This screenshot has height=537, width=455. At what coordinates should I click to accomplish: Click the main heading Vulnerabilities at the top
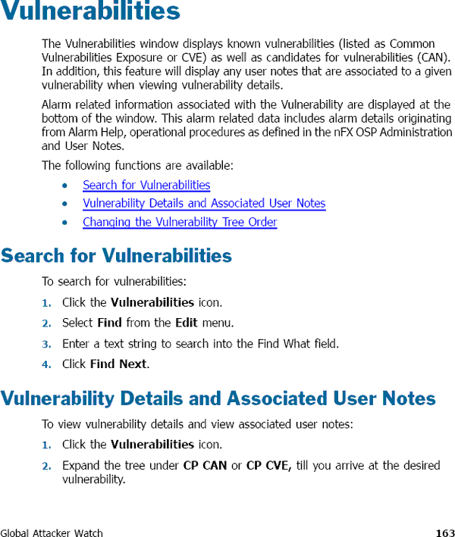[90, 13]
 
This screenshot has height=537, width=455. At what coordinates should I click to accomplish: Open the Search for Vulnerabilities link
[146, 185]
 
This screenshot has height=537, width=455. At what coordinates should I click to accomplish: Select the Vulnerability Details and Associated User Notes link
[204, 203]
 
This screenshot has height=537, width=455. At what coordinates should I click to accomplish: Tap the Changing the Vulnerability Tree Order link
[180, 222]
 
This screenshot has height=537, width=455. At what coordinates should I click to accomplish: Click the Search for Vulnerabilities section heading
[116, 256]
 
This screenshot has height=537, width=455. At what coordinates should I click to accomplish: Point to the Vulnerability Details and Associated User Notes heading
[218, 398]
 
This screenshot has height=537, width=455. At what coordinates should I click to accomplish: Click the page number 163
[445, 532]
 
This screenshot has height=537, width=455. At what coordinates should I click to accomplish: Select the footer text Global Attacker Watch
[52, 532]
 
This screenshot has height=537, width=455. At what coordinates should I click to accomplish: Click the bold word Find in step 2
[109, 323]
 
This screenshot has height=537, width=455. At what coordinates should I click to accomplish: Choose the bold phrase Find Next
[118, 364]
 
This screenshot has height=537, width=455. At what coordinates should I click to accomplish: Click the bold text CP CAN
[205, 465]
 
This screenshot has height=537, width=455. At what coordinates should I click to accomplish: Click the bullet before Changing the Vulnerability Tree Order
[67, 223]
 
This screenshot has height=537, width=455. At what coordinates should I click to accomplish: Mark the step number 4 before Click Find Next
[46, 364]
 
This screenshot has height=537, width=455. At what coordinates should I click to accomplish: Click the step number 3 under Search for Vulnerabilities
[46, 344]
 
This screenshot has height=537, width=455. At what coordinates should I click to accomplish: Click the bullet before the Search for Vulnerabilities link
[67, 186]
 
